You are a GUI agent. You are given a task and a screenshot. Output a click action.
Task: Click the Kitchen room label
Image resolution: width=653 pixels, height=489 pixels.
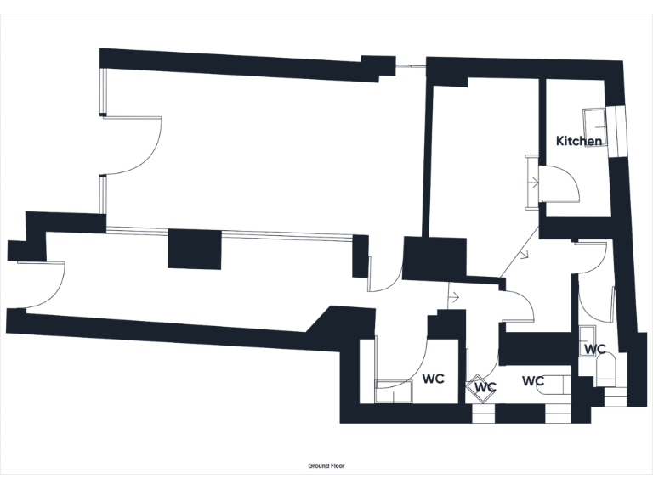(579, 141)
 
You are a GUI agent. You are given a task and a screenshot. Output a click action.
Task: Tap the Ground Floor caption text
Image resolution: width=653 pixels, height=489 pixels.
(326, 466)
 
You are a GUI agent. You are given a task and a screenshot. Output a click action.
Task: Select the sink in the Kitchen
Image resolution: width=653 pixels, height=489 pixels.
(593, 120)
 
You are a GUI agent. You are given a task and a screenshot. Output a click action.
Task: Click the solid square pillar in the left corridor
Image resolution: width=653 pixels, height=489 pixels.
(195, 250)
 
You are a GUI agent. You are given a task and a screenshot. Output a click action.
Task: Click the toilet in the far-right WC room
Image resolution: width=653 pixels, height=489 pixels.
(608, 370)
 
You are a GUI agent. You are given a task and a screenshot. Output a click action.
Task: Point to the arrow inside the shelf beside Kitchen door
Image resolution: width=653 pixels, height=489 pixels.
(532, 182)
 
